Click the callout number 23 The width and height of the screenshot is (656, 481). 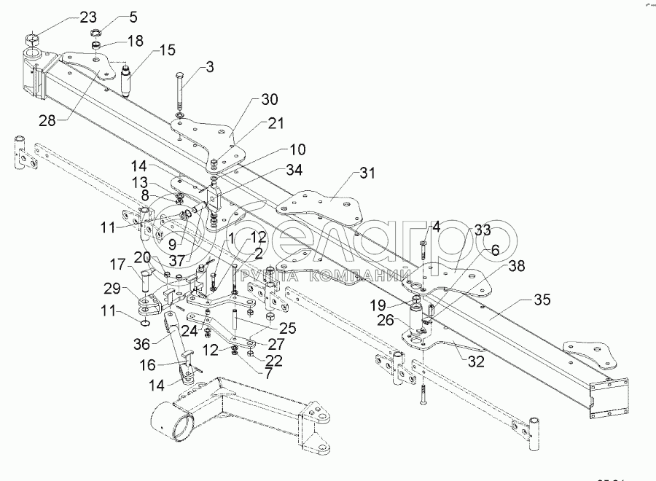point(87,17)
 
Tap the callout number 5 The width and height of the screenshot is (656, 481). point(132,15)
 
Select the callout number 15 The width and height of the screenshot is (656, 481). point(168,50)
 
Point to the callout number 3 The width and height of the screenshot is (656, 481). point(209,68)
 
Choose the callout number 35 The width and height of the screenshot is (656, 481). point(542,300)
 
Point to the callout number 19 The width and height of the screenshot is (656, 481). point(388,304)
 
